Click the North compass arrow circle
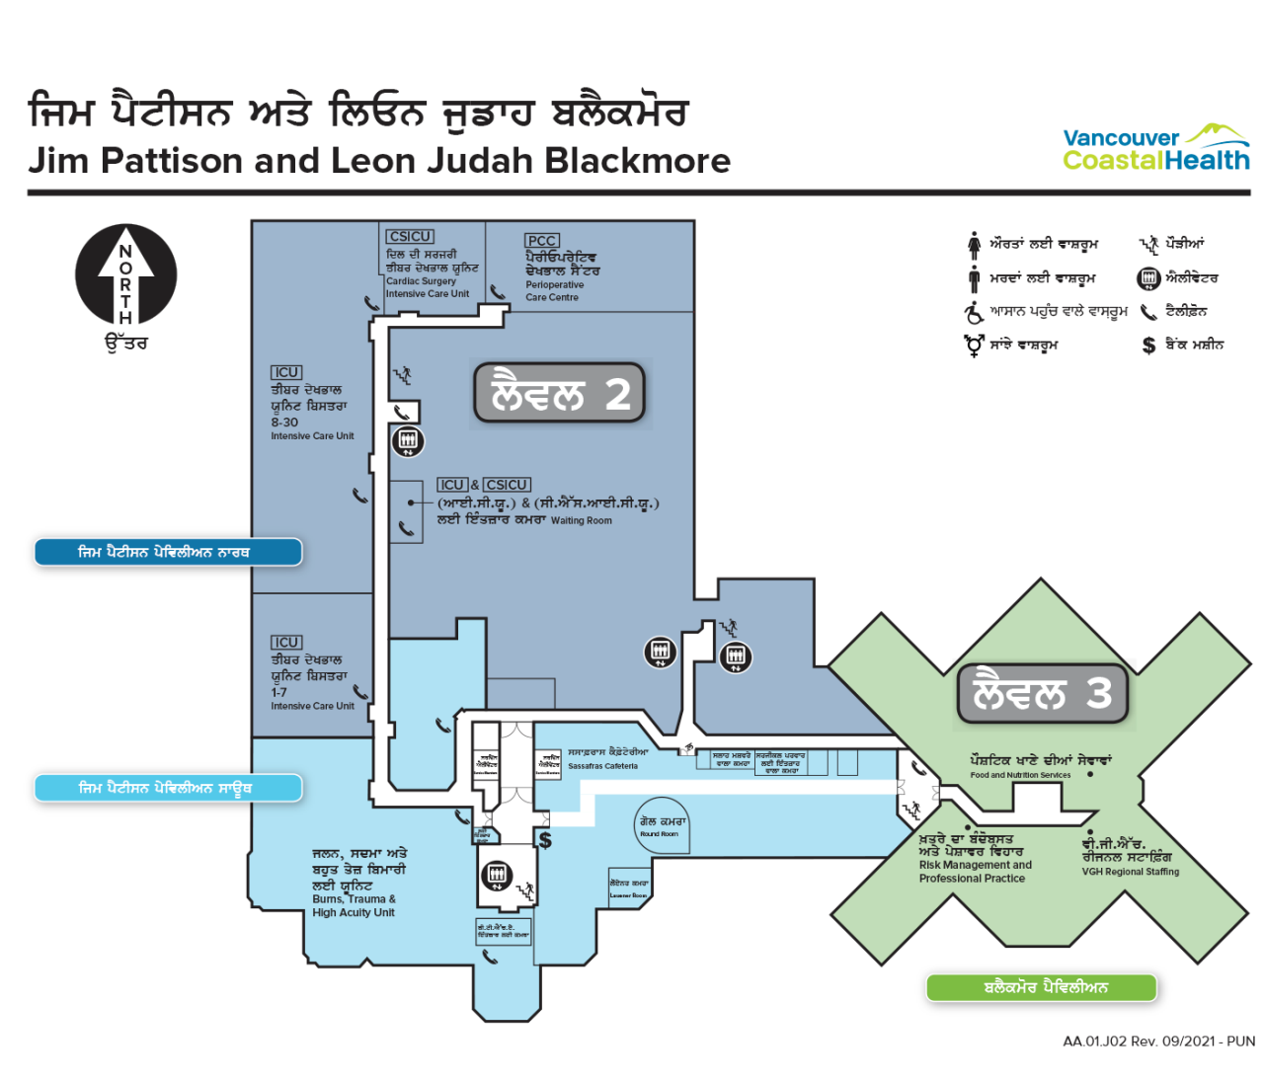point(126,275)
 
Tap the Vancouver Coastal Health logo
point(1156,148)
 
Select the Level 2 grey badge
point(559,394)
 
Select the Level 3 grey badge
point(1042,693)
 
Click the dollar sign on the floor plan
point(545,840)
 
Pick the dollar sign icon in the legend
point(1148,346)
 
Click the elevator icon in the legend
point(1148,278)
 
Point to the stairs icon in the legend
point(1148,244)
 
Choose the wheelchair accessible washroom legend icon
point(975,312)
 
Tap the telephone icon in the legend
point(1148,312)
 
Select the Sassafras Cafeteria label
point(603,765)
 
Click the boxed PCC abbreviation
point(542,241)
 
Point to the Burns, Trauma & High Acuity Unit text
point(355,906)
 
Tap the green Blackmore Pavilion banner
point(1041,987)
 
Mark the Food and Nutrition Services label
point(1020,775)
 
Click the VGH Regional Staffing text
point(1130,872)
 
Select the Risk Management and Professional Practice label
point(975,872)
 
